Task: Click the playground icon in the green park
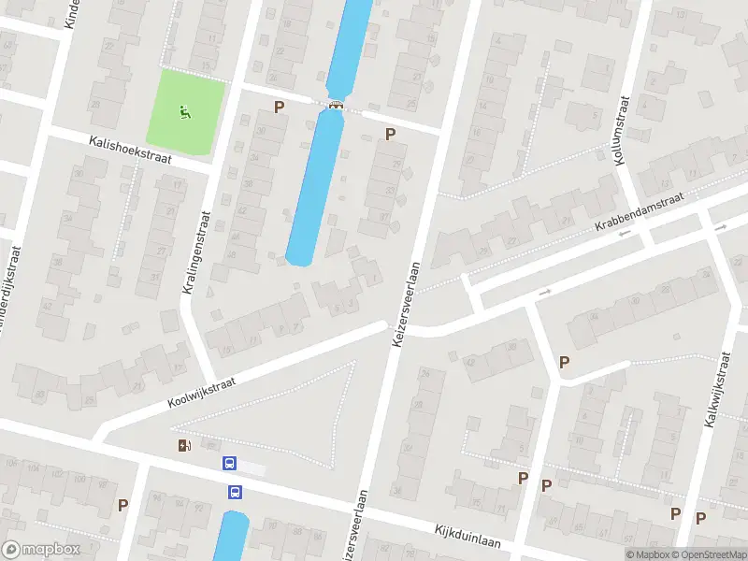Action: [184, 114]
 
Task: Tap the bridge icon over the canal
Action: [335, 105]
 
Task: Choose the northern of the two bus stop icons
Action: [229, 463]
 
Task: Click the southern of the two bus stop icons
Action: [236, 492]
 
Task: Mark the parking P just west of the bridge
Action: [279, 108]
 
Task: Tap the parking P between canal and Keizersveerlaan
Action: [391, 135]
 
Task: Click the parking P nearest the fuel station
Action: [122, 505]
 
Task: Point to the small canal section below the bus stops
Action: [231, 538]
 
